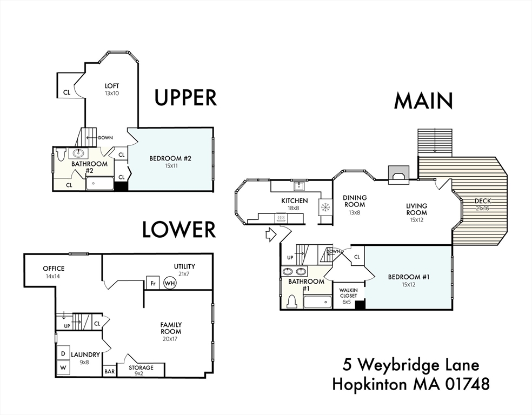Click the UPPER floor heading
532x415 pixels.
pos(185,97)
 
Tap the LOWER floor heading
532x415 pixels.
pos(179,230)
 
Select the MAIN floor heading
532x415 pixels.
pos(423,101)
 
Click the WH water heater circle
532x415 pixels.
pos(170,283)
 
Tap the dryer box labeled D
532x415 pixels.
pos(63,353)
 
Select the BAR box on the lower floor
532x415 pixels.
pos(109,372)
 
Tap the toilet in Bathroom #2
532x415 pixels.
pos(60,155)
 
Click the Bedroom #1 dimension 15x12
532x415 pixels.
pos(408,284)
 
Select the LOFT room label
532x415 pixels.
pos(112,86)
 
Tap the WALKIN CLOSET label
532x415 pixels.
pos(348,293)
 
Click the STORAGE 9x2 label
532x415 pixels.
pos(141,370)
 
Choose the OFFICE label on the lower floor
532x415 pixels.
pos(54,269)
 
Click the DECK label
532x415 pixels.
pos(483,201)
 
